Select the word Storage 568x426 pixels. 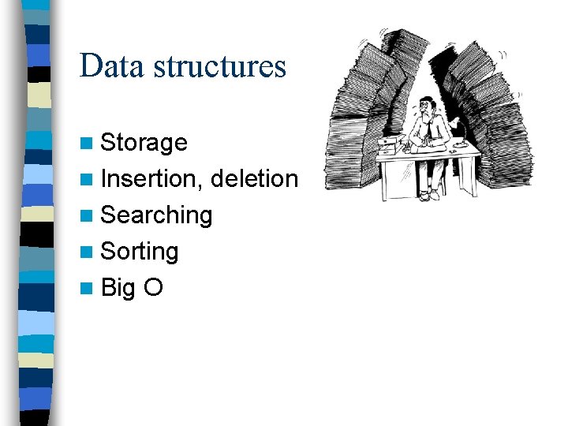coord(144,143)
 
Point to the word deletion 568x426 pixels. coord(255,179)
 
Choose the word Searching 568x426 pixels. coord(157,215)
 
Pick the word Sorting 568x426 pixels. coord(140,252)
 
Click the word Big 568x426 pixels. coord(118,288)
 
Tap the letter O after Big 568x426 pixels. coord(153,288)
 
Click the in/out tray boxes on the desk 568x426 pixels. coord(388,147)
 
